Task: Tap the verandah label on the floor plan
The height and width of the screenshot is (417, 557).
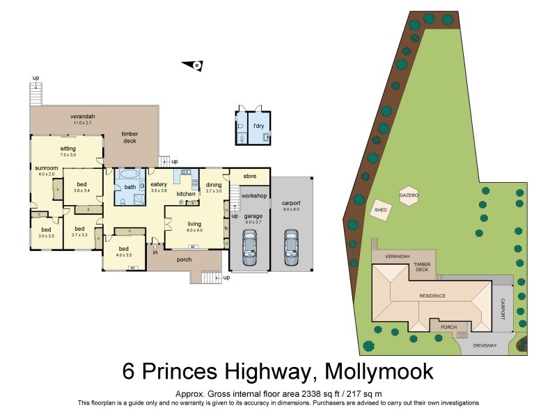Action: (82, 116)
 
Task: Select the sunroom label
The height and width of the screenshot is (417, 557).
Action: (47, 167)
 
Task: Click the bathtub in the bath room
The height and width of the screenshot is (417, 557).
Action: (130, 176)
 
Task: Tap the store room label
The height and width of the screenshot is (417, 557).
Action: (249, 177)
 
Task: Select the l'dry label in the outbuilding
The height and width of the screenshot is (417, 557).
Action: (258, 126)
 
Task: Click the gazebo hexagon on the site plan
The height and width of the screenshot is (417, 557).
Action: (409, 197)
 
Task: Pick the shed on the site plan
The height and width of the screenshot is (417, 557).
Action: (380, 209)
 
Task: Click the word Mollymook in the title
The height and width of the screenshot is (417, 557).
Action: (375, 370)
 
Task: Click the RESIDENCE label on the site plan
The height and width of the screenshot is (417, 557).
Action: (432, 295)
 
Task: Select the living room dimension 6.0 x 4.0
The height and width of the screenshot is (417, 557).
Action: (194, 230)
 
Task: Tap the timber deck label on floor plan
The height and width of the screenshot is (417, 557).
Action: (130, 137)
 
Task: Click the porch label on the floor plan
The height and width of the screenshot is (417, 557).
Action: (185, 261)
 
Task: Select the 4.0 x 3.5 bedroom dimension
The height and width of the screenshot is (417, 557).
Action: (124, 255)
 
